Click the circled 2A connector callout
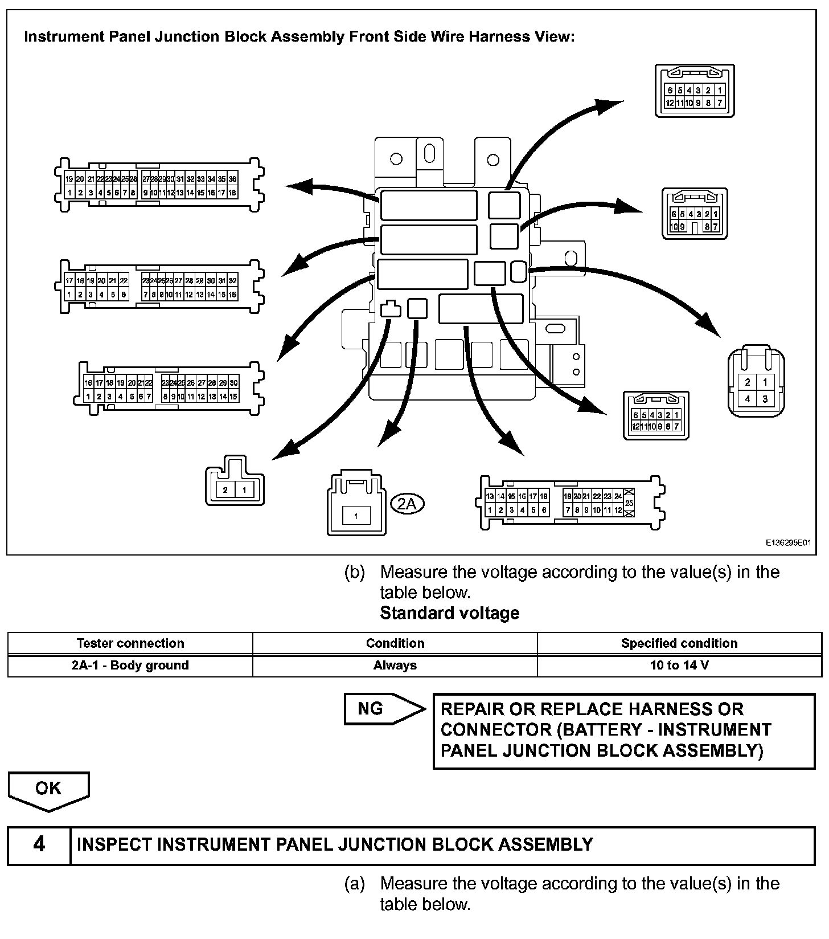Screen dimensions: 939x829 click(x=408, y=503)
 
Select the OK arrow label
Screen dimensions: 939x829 click(x=48, y=788)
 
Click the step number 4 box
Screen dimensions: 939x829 click(x=39, y=845)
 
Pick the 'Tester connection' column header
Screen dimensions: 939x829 click(x=130, y=643)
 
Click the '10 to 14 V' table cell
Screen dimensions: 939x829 click(x=679, y=665)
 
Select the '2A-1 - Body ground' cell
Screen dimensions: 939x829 click(x=130, y=665)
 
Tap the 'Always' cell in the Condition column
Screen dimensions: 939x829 click(x=395, y=665)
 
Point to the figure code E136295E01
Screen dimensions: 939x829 click(x=787, y=544)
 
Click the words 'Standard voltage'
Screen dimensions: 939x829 click(x=449, y=613)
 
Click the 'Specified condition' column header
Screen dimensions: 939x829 click(x=679, y=643)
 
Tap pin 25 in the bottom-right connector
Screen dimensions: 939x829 click(x=629, y=503)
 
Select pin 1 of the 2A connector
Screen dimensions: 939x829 click(x=356, y=516)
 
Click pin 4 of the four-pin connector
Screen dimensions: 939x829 click(x=748, y=399)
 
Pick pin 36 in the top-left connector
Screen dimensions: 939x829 click(x=232, y=179)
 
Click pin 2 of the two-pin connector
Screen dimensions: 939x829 click(x=225, y=490)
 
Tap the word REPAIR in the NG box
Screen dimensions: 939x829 click(x=472, y=709)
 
